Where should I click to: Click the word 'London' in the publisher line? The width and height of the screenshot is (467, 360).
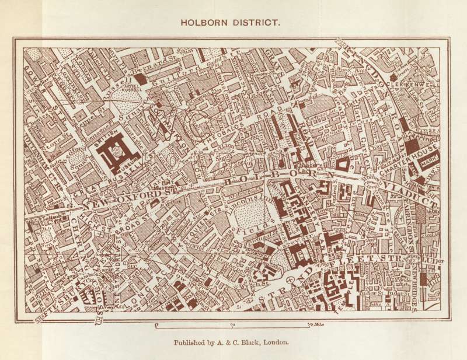tap(274, 342)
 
